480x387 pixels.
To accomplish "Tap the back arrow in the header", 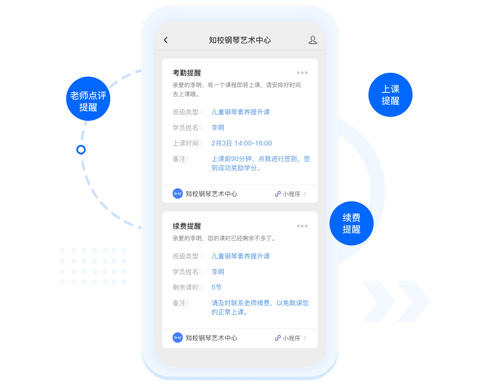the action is tap(166, 40).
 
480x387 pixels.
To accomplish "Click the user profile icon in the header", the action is tap(313, 40).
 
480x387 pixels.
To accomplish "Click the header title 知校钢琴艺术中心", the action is tap(240, 40).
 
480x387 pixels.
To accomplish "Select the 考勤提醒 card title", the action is tap(187, 73).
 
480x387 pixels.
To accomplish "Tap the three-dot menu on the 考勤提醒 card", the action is tap(302, 73).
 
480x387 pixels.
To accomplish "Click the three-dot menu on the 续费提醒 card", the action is tap(302, 226).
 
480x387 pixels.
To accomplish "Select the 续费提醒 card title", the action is tap(187, 226).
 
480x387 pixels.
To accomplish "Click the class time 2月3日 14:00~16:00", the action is tap(241, 143).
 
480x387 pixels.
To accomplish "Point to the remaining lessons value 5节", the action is tap(217, 287).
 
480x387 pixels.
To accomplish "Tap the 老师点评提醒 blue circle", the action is tap(88, 99).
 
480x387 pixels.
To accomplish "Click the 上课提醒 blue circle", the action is tap(390, 95).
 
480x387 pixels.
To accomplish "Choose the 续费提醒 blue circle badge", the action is tap(352, 223).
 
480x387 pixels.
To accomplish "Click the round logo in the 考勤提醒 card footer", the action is tap(178, 193).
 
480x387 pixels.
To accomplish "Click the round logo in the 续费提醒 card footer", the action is tap(178, 338).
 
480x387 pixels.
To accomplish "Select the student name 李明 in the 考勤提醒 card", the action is tap(218, 127).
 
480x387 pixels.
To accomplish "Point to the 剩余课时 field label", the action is tap(187, 287).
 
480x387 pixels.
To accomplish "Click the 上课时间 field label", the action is tap(187, 143).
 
